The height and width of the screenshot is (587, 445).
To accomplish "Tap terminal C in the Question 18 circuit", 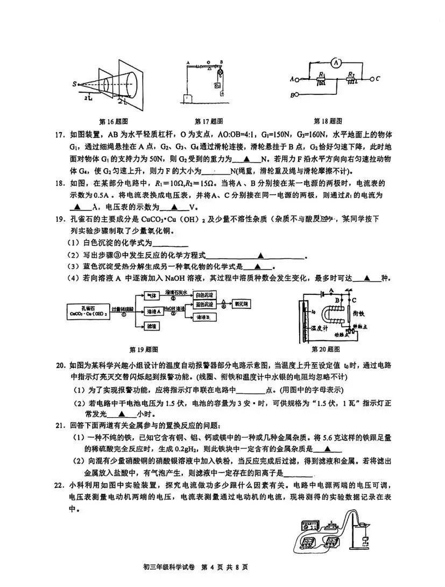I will [378, 79].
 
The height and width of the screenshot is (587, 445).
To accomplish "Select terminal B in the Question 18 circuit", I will [294, 95].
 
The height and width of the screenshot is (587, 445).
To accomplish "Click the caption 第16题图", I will [114, 121].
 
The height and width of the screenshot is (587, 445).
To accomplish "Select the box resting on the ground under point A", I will [188, 99].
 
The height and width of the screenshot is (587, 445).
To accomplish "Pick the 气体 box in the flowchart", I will [152, 296].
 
